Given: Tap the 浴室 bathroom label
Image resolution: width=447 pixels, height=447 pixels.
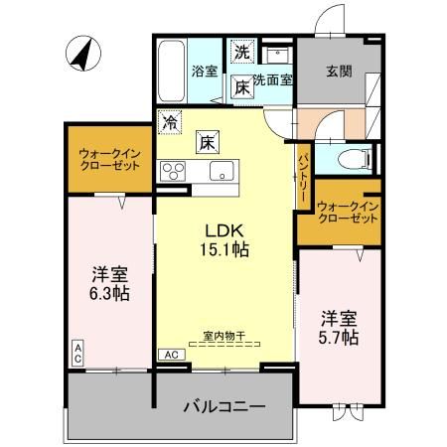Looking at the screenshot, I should (205, 72).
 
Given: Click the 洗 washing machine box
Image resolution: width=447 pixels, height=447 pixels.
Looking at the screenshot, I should (241, 50).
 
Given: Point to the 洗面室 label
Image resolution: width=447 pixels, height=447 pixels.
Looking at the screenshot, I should (272, 79).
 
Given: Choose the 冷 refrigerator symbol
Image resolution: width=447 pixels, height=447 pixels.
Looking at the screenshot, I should (171, 123).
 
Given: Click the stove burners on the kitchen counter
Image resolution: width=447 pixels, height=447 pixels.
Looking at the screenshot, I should (175, 168).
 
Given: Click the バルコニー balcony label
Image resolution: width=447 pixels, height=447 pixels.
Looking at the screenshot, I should (223, 406).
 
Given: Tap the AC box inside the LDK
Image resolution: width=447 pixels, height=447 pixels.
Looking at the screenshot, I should (170, 354).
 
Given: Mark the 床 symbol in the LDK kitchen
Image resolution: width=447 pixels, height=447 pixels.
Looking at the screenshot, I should (208, 142).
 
